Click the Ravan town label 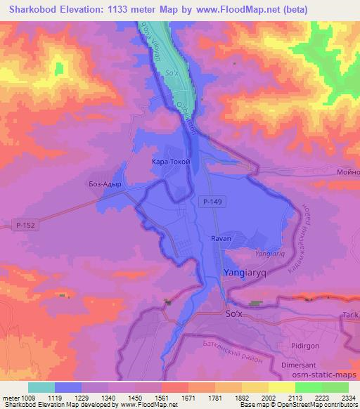coord(221,239)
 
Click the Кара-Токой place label coord(171,161)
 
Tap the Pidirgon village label coord(307,346)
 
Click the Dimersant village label coord(314,365)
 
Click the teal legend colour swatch coord(41,387)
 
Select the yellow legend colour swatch coord(281,387)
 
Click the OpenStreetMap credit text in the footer coord(304,405)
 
